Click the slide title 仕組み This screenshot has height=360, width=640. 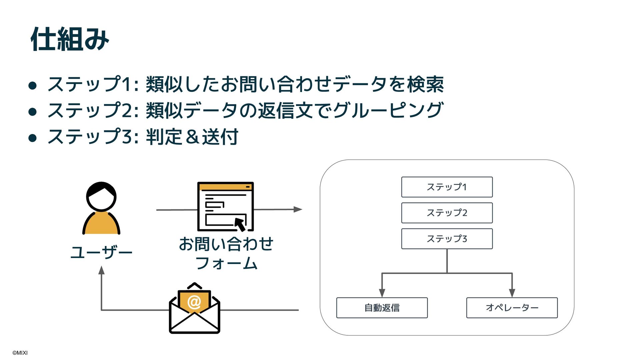click(x=70, y=39)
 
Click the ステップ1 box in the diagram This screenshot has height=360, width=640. click(x=447, y=187)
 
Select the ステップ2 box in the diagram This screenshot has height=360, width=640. click(x=447, y=213)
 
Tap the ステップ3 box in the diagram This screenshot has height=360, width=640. click(x=447, y=239)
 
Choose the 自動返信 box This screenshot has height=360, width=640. click(x=382, y=308)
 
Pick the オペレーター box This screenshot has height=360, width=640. click(x=512, y=308)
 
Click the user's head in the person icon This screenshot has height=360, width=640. click(x=101, y=197)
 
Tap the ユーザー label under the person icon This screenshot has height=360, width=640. click(x=101, y=252)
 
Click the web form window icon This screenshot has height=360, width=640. click(x=225, y=206)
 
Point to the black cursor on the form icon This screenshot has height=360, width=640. click(x=240, y=224)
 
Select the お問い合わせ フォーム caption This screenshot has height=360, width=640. click(x=226, y=253)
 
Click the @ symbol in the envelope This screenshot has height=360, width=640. click(x=194, y=302)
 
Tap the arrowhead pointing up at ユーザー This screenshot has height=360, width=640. click(x=102, y=270)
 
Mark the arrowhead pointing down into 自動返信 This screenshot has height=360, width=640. click(x=382, y=293)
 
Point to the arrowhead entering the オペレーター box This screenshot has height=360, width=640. click(x=512, y=293)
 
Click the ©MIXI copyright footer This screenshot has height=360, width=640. click(x=20, y=353)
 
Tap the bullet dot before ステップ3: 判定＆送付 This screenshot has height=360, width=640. click(x=32, y=138)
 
